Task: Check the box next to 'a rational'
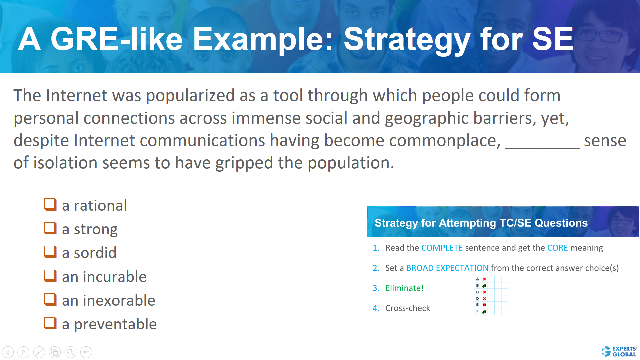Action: coord(50,204)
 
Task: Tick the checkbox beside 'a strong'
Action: coord(50,228)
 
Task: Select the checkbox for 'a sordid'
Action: coord(50,252)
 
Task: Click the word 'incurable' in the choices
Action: coord(115,277)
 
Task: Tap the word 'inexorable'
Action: coord(119,300)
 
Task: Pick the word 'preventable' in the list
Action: coord(115,324)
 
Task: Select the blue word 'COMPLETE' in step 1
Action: coord(442,248)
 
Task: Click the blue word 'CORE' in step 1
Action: coord(557,248)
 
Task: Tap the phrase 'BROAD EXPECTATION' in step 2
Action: coord(447,268)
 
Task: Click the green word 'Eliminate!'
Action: coord(404,288)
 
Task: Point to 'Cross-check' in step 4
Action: coord(408,308)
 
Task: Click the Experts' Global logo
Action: coord(619,351)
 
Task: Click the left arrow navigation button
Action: coord(8,352)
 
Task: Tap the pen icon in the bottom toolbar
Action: coord(39,352)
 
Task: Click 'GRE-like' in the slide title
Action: coord(116,39)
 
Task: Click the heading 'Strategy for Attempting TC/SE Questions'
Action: coord(481,223)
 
